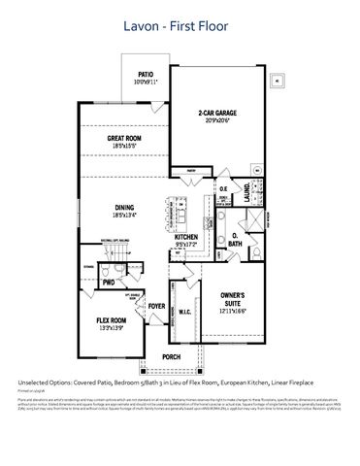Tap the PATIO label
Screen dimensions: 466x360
point(146,73)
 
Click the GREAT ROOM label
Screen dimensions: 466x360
point(126,139)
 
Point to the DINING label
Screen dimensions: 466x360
point(125,207)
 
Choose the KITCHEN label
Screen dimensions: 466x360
point(186,236)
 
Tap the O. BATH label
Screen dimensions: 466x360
point(237,238)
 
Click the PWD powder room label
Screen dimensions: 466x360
point(110,282)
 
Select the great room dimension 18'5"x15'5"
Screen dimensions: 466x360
point(126,147)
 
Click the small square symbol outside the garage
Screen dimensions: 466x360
point(278,81)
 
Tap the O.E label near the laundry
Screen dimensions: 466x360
point(222,189)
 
